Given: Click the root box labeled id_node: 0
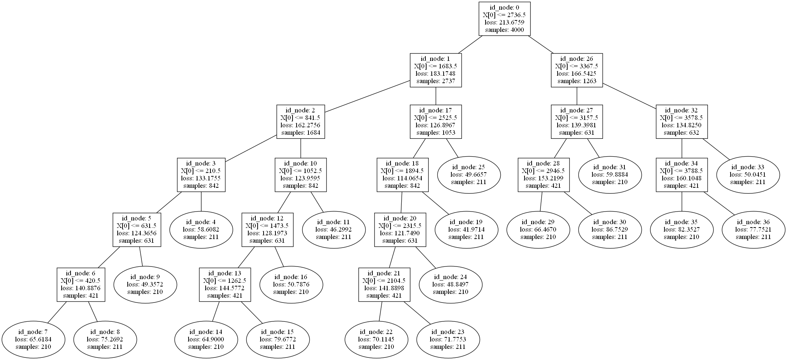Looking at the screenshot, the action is click(504, 19).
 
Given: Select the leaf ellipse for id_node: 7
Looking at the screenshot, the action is click(33, 339).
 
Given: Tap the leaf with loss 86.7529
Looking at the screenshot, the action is click(610, 229).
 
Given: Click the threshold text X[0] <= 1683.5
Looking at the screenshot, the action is click(435, 66).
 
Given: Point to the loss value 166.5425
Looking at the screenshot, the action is click(577, 73).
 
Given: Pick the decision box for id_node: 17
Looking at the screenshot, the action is click(435, 122).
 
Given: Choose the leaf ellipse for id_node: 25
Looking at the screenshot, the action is click(469, 174).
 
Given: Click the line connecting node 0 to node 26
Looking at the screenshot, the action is click(541, 45).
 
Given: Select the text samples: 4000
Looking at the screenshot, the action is click(504, 30).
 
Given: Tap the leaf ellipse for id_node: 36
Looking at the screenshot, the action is click(754, 229).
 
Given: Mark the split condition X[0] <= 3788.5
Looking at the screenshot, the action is click(682, 171).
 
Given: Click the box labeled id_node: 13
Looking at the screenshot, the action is click(225, 284).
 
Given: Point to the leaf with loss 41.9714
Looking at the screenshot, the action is click(466, 229).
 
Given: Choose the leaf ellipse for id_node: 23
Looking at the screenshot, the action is click(448, 339).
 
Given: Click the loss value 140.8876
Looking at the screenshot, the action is click(81, 288).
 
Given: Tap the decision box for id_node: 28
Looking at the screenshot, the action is click(543, 175).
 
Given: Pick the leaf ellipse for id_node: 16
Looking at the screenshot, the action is click(291, 284).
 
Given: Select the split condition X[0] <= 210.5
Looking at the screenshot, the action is click(201, 171).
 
